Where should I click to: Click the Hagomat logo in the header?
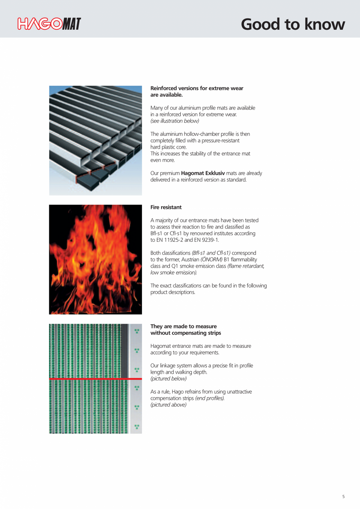pyautogui.click(x=49, y=24)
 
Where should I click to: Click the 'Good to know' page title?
pyautogui.click(x=293, y=24)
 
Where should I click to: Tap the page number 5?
pyautogui.click(x=344, y=496)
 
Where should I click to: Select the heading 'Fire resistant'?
pyautogui.click(x=166, y=207)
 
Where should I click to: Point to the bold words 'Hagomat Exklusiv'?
pyautogui.click(x=203, y=173)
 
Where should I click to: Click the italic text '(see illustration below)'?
pyautogui.click(x=175, y=121)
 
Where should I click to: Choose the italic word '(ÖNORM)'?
pyautogui.click(x=211, y=260)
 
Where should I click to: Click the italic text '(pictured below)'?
pyautogui.click(x=169, y=379)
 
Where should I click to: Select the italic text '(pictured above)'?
pyautogui.click(x=169, y=405)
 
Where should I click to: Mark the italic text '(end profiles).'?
pyautogui.click(x=210, y=398)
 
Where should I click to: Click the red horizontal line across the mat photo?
pyautogui.click(x=95, y=379)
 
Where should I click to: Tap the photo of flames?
pyautogui.click(x=95, y=259)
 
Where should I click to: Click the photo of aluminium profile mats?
pyautogui.click(x=95, y=140)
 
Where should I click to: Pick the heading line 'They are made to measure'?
pyautogui.click(x=184, y=326)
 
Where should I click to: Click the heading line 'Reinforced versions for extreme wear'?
pyautogui.click(x=197, y=88)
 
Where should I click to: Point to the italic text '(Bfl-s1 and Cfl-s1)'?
pyautogui.click(x=211, y=253)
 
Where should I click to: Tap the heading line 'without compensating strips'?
pyautogui.click(x=185, y=333)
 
